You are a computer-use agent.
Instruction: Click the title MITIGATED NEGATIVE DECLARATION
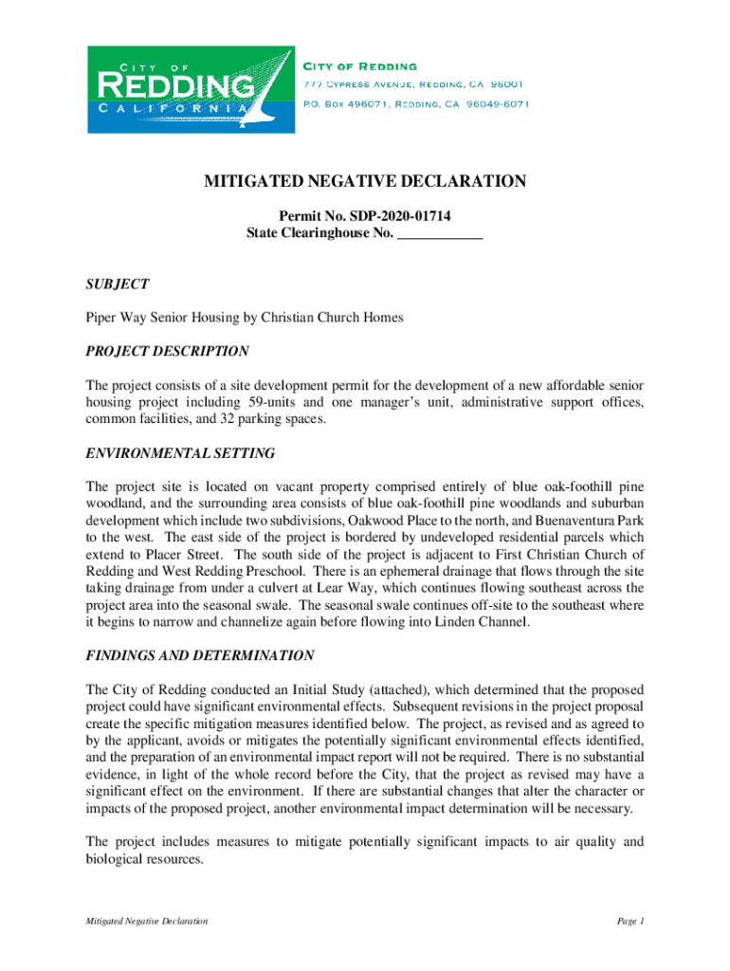[x=364, y=181]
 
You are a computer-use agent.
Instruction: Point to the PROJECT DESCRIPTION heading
[x=167, y=351]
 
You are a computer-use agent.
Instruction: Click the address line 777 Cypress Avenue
[x=415, y=84]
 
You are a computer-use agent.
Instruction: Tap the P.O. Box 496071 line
[x=415, y=103]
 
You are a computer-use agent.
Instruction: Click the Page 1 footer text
[x=630, y=921]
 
